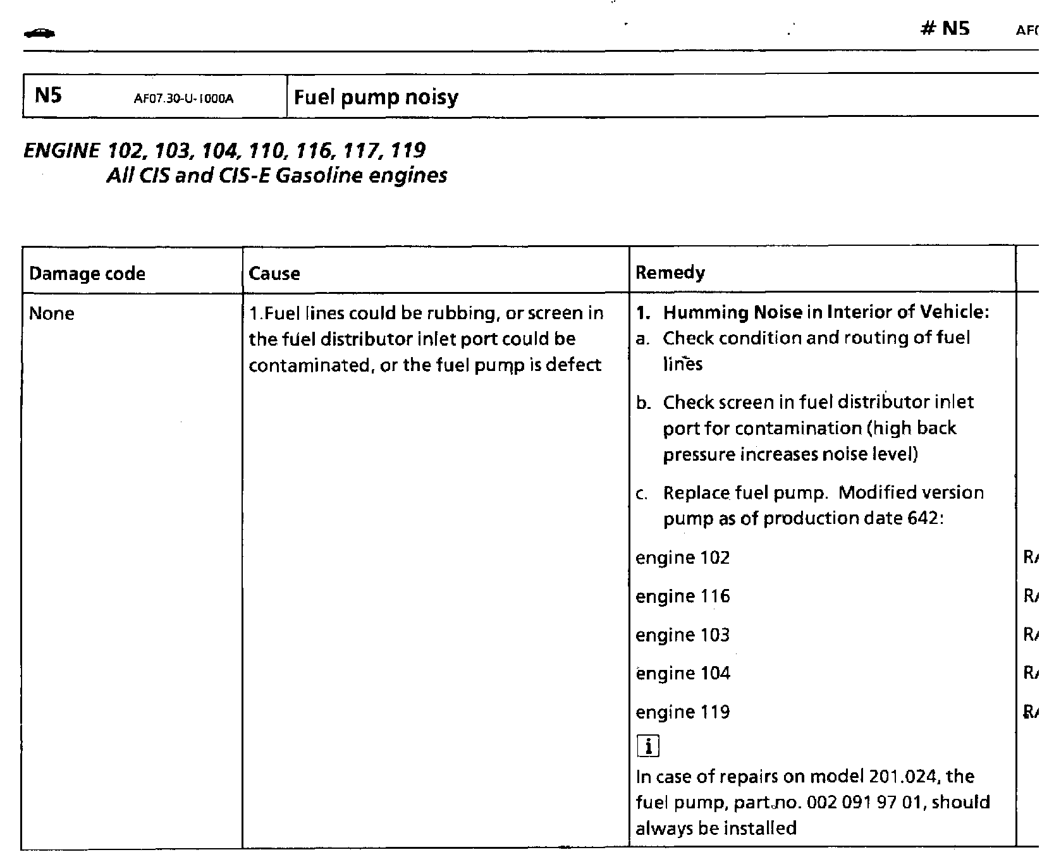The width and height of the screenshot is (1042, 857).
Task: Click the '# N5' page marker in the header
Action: [945, 28]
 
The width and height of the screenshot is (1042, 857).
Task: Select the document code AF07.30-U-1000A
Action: [183, 99]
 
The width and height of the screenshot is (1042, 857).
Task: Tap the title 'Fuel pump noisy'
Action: [376, 97]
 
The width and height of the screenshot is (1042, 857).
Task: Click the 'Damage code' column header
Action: [87, 274]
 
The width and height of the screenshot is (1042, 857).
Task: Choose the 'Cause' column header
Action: [274, 274]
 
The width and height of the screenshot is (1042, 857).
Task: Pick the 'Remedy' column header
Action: [670, 272]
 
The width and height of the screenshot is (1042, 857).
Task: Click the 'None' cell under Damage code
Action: [52, 313]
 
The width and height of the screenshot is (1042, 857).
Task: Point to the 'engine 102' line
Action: [682, 557]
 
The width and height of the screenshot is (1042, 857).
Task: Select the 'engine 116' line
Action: [682, 596]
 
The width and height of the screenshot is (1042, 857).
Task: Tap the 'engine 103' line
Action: [682, 635]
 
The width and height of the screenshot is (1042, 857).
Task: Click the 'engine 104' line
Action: [682, 673]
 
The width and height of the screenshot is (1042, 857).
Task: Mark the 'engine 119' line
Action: [682, 712]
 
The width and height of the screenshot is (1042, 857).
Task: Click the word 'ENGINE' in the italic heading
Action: [61, 151]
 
